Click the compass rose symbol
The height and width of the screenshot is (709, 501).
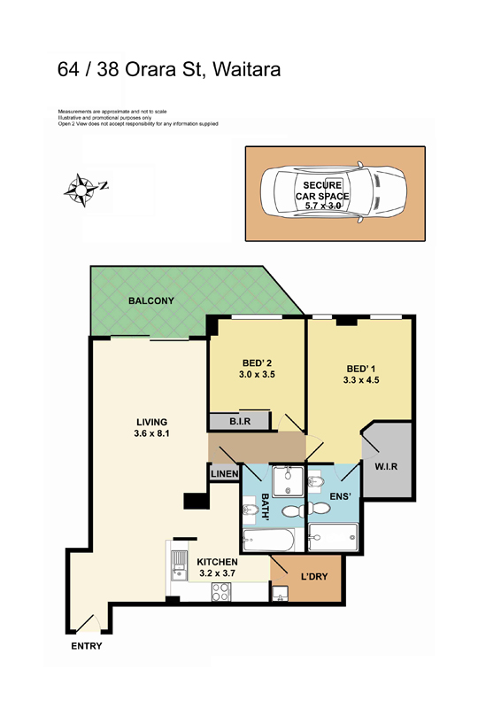coord(82,187)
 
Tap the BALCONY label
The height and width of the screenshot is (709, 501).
coord(150,301)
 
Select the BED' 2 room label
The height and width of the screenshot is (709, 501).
coord(258,362)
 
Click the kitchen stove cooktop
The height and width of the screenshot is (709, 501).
coord(221,593)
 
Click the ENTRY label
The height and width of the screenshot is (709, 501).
coord(86,646)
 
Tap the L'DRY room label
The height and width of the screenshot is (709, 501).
coord(314,577)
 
